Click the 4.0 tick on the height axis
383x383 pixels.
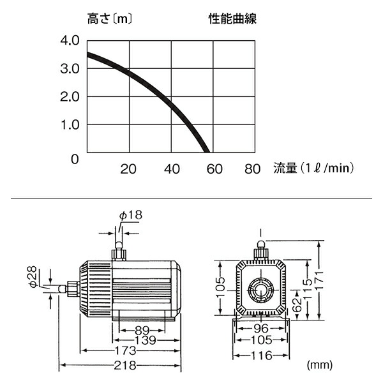pyautogui.click(x=70, y=41)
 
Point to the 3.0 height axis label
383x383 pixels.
pyautogui.click(x=70, y=69)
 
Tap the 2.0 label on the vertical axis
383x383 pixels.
pyautogui.click(x=70, y=97)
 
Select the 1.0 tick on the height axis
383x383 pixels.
pyautogui.click(x=70, y=124)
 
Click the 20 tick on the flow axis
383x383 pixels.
pyautogui.click(x=129, y=169)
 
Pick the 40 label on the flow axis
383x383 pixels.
pyautogui.click(x=172, y=169)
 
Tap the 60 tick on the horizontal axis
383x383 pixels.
pyautogui.click(x=214, y=169)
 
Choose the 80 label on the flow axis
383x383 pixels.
pyautogui.click(x=253, y=169)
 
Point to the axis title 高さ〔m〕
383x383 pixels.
pyautogui.click(x=110, y=20)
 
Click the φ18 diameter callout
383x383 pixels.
pyautogui.click(x=130, y=215)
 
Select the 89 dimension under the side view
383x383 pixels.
pyautogui.click(x=143, y=330)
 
